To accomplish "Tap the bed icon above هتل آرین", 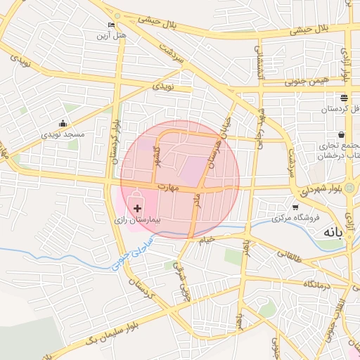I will [x=111, y=25].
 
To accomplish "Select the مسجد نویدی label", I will [x=63, y=134].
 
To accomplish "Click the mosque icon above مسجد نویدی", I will [x=63, y=123].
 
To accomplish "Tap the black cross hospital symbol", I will [x=136, y=209].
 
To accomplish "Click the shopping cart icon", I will [x=295, y=207].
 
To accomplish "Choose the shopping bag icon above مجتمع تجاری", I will [x=341, y=134].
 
